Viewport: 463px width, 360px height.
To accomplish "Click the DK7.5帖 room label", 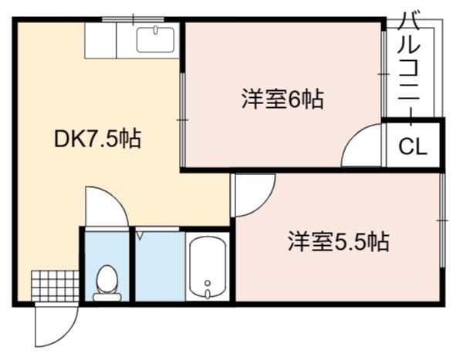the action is (98, 139).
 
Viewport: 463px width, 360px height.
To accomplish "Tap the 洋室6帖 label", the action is (282, 99).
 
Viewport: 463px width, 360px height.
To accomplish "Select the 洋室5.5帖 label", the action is (339, 241).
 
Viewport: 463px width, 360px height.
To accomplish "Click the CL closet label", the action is (413, 146).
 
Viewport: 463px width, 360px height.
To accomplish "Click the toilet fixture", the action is (107, 283).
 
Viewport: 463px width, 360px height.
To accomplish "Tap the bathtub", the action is (208, 267).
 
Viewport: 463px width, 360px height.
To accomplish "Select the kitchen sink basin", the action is (155, 40).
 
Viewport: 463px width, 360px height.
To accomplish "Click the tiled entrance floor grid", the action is (56, 286).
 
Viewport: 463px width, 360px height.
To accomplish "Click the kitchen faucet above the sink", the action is (155, 30).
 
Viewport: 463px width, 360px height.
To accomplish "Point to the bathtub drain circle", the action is (208, 283).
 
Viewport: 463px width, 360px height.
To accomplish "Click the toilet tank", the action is (107, 297).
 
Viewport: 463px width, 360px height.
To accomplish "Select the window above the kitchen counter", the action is (133, 19).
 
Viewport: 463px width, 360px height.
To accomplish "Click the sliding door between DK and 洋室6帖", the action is (182, 119).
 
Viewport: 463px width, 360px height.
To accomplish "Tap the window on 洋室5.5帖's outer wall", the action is (442, 220).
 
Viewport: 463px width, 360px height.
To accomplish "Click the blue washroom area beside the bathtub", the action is (160, 267).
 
